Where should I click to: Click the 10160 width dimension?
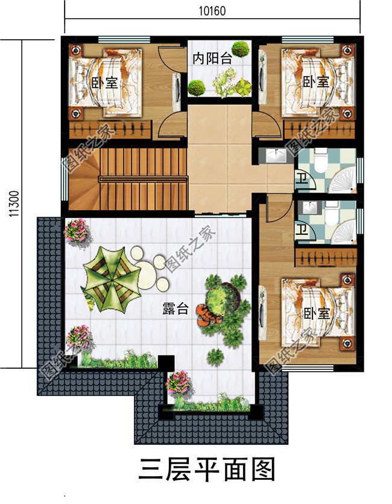click(x=212, y=9)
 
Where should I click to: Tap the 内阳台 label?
click(x=212, y=59)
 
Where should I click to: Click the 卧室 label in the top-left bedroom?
click(x=104, y=83)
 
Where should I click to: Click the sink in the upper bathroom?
click(x=277, y=156)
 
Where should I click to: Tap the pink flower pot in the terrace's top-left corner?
click(x=76, y=229)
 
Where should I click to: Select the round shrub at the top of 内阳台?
click(x=241, y=48)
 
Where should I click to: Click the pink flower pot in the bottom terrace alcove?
click(x=179, y=381)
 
